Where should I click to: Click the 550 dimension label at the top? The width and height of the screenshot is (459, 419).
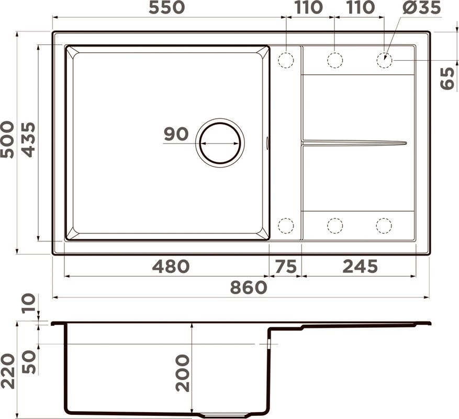[x=166, y=7]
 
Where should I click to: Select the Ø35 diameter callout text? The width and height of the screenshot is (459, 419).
[x=421, y=7]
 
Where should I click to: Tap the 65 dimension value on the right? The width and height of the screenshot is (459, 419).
[x=447, y=78]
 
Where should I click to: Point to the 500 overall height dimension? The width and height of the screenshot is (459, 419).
[x=7, y=139]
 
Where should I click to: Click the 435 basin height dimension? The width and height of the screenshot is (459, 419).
[x=28, y=139]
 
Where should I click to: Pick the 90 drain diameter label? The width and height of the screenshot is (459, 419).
[x=176, y=134]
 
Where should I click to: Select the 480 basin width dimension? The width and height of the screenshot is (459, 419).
[x=171, y=267]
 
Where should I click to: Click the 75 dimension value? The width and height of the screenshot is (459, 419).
[x=286, y=267]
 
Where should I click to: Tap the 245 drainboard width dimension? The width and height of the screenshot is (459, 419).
[x=360, y=267]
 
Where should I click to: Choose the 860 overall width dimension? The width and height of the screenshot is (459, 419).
[x=249, y=288]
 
